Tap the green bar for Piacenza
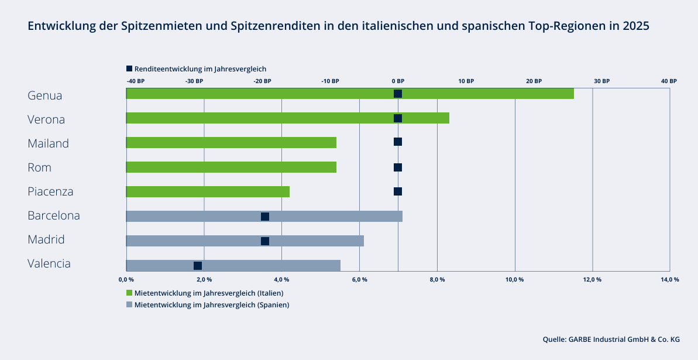(208, 191)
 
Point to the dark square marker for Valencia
(198, 266)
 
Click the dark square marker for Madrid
(265, 241)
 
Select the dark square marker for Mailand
(398, 142)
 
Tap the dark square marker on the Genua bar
(398, 94)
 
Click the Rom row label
(39, 167)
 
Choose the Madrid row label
(46, 239)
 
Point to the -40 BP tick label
(136, 81)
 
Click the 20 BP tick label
(534, 81)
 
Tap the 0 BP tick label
(398, 81)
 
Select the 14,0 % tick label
(670, 279)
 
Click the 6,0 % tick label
(359, 279)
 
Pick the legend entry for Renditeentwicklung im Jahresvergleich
(196, 68)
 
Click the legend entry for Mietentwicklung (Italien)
(209, 293)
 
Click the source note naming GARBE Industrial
(611, 339)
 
